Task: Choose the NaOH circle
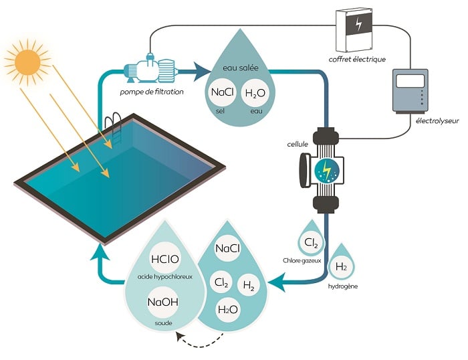click(x=162, y=303)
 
